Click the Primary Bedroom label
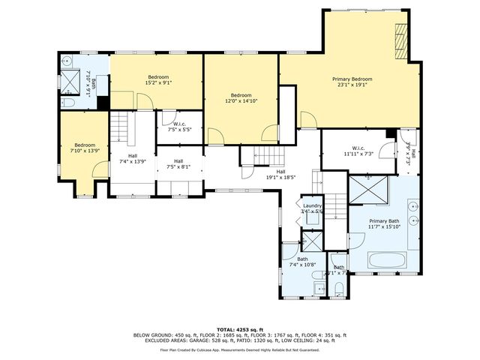tap(352, 82)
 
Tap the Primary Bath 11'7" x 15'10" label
tap(388, 224)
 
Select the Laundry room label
tap(311, 208)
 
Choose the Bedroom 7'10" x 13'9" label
tap(85, 148)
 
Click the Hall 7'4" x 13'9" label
tap(132, 160)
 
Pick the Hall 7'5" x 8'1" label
tap(178, 164)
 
